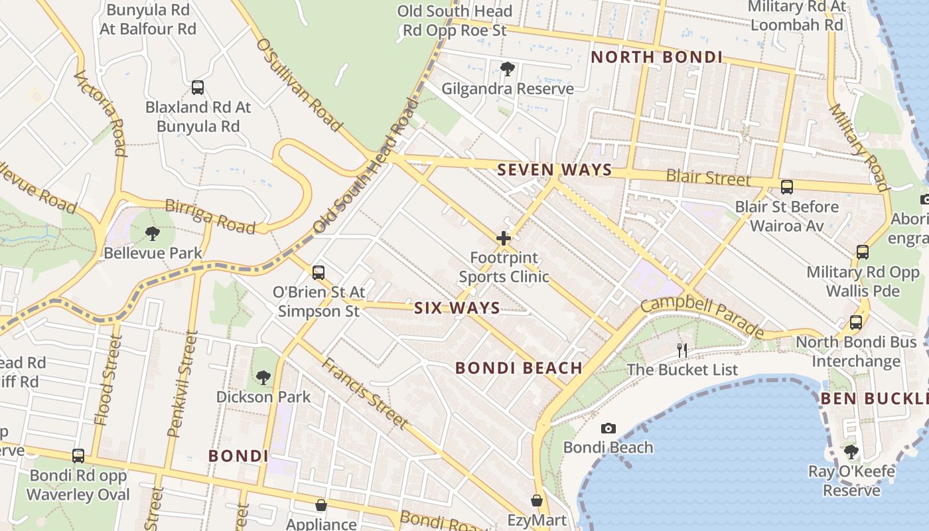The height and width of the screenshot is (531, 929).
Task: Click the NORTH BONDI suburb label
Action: click(x=656, y=57)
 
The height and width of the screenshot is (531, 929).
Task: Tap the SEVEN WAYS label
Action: click(x=554, y=170)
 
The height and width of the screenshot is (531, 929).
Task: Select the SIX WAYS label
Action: click(x=457, y=308)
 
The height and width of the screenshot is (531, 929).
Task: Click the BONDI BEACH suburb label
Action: click(x=518, y=368)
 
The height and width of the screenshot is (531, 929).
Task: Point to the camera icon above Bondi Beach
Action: click(x=608, y=428)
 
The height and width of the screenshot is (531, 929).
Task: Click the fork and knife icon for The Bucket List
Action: click(x=682, y=350)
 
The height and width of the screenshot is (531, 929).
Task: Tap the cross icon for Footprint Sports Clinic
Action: click(x=504, y=238)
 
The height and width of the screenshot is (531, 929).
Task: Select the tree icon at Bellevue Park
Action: click(x=153, y=233)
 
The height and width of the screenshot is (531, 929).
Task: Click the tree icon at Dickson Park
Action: click(x=263, y=377)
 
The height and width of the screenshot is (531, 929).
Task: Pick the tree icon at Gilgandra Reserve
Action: click(x=508, y=68)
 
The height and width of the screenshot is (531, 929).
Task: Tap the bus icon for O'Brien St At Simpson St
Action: click(x=319, y=272)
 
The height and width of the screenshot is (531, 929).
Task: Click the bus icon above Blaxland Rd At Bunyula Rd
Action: click(x=198, y=87)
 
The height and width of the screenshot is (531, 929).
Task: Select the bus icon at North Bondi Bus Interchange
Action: click(x=856, y=323)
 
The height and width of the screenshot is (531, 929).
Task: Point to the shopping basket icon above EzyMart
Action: click(x=537, y=500)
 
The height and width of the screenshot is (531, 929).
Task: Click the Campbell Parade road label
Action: click(x=703, y=317)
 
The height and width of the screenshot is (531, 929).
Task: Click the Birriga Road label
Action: click(x=210, y=216)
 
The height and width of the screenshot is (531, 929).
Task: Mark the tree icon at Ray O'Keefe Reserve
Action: click(x=851, y=451)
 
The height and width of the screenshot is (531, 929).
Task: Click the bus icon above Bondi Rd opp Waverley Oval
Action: click(x=78, y=456)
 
